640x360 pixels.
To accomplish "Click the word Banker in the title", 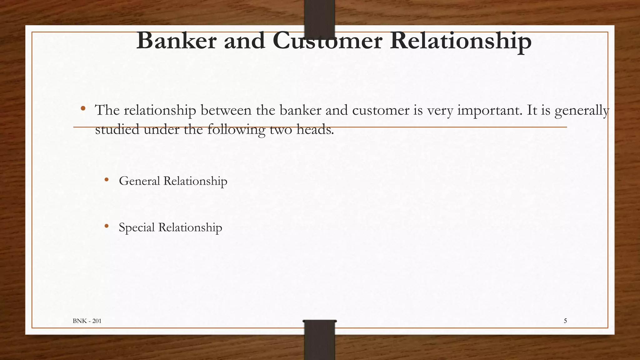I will click(x=176, y=41).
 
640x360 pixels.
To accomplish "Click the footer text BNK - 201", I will click(x=87, y=321).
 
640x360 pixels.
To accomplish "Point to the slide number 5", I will click(x=565, y=321).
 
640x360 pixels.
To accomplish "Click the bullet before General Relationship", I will click(x=107, y=180).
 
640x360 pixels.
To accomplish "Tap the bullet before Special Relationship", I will click(x=107, y=226).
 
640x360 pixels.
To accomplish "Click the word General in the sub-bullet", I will click(x=139, y=181).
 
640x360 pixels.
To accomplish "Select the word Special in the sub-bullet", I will click(x=137, y=227).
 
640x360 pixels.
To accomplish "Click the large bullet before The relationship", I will click(x=83, y=109).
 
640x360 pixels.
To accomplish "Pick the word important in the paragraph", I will click(x=489, y=110).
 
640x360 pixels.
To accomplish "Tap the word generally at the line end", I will click(x=582, y=110).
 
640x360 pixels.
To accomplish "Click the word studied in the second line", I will click(x=117, y=129).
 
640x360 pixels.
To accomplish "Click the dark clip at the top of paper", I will click(x=319, y=17).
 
